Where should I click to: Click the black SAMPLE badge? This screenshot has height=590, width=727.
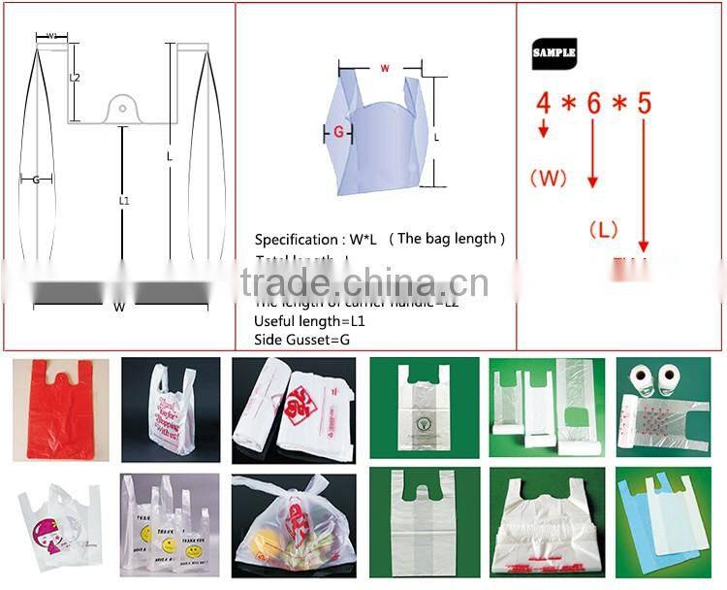pyautogui.click(x=554, y=51)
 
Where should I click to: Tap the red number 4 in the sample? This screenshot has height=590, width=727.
pyautogui.click(x=544, y=102)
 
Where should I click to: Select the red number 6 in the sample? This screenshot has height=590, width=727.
pyautogui.click(x=594, y=103)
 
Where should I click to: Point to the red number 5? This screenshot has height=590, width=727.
pyautogui.click(x=644, y=103)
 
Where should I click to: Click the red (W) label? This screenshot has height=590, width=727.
pyautogui.click(x=547, y=177)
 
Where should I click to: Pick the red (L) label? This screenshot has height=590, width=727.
pyautogui.click(x=604, y=229)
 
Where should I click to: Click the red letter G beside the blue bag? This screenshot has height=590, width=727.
pyautogui.click(x=338, y=130)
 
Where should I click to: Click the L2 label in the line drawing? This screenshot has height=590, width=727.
pyautogui.click(x=75, y=77)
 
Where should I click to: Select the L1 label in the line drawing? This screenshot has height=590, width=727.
pyautogui.click(x=123, y=200)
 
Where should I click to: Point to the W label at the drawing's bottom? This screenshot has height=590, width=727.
pyautogui.click(x=119, y=307)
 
